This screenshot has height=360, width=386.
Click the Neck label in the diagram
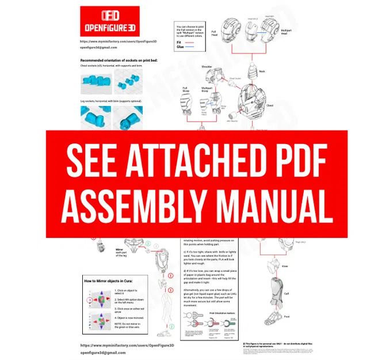(262, 71)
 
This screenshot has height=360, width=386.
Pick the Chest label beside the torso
(286, 105)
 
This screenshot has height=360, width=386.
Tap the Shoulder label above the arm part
(207, 67)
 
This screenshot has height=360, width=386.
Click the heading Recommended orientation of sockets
(119, 60)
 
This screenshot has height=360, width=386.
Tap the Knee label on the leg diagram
(284, 266)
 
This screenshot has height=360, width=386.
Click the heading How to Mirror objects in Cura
(117, 280)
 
